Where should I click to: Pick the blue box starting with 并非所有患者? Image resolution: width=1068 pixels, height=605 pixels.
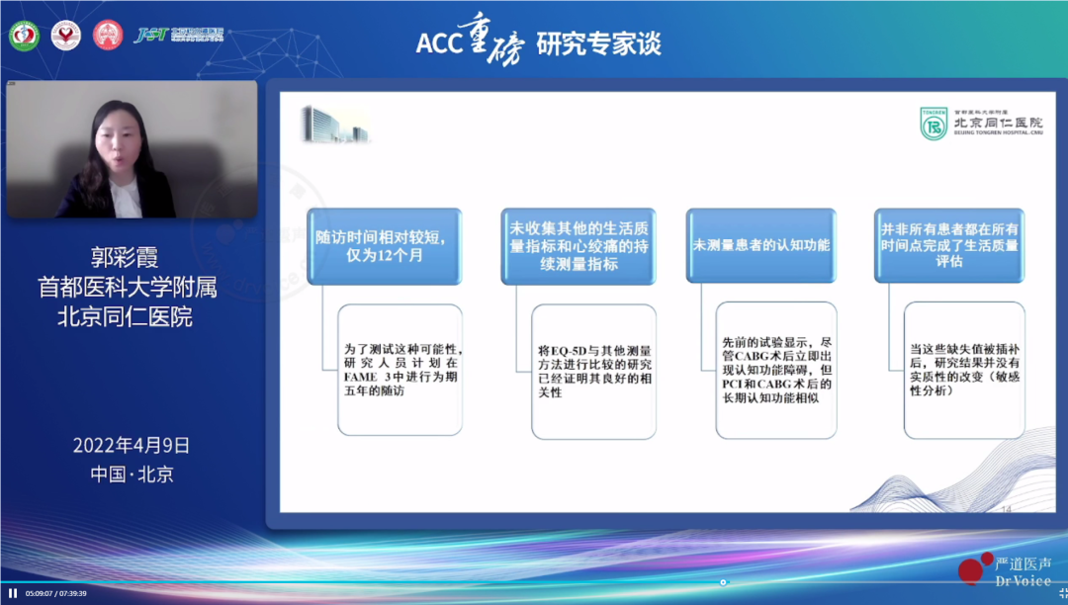949,245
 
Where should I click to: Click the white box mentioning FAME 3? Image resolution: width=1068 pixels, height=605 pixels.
400,370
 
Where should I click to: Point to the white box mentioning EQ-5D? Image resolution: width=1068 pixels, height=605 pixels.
593,370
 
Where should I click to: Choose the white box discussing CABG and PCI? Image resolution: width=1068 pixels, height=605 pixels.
777,370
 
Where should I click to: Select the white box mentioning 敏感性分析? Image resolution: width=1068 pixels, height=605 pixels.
964,370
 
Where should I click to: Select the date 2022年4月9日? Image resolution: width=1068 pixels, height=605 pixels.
131,445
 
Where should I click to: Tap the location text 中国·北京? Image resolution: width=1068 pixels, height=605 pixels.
132,474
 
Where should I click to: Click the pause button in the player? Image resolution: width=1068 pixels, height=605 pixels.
13,593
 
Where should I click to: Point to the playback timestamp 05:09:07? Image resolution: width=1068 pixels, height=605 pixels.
42,593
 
